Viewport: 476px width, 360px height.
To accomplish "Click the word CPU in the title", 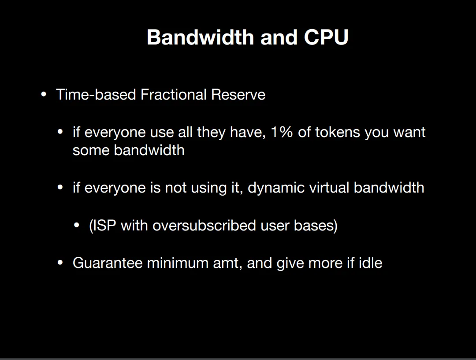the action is [x=326, y=37].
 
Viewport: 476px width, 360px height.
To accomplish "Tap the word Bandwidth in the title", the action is [x=201, y=37].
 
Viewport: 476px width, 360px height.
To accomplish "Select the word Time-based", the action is [x=96, y=94].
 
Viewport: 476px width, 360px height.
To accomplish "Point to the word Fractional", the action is [x=173, y=94].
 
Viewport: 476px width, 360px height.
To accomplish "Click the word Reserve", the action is [x=238, y=94].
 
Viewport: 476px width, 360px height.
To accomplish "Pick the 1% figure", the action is [x=282, y=132].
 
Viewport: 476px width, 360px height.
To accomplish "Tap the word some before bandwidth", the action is [x=91, y=150].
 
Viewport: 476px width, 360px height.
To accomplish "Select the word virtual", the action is [x=329, y=188].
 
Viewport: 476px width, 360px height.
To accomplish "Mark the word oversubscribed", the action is [x=205, y=226].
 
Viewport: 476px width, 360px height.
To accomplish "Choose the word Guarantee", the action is [x=108, y=263].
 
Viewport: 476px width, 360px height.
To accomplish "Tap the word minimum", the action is [x=178, y=263].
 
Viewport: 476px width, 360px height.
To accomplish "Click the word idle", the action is [x=370, y=263].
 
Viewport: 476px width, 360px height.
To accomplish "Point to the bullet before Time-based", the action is [x=44, y=95].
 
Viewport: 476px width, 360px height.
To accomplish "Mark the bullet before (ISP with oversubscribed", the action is [x=77, y=226].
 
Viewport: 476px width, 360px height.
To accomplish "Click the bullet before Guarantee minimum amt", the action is [x=60, y=263].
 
